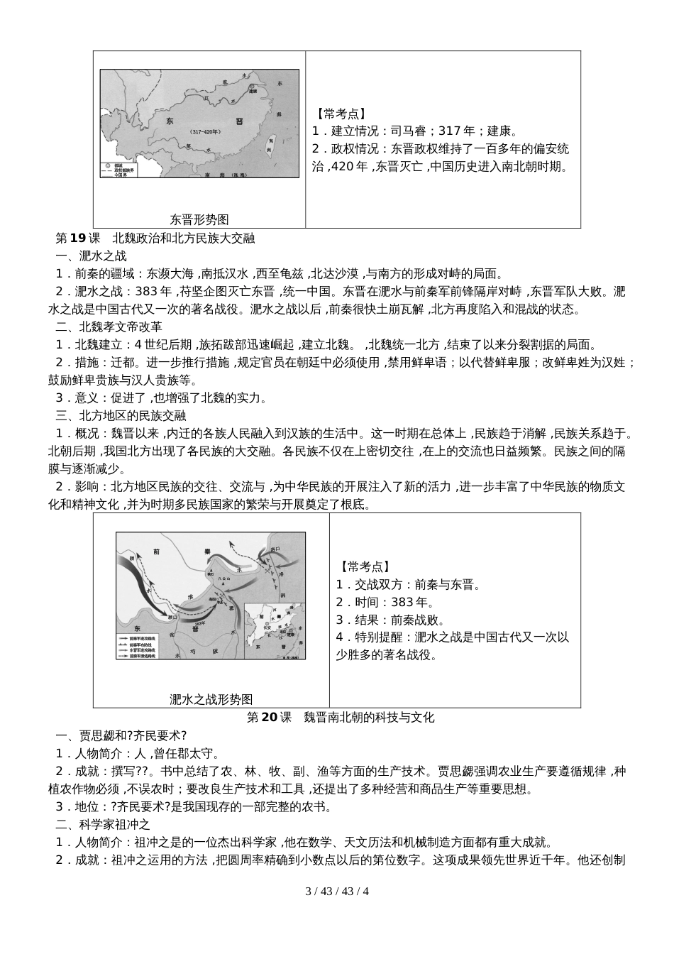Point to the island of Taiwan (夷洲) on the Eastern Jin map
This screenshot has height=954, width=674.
tap(269, 146)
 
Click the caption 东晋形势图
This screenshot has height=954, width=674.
tap(199, 219)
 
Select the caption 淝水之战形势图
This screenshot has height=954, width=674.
tap(211, 699)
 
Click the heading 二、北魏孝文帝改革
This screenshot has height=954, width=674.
tap(109, 327)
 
